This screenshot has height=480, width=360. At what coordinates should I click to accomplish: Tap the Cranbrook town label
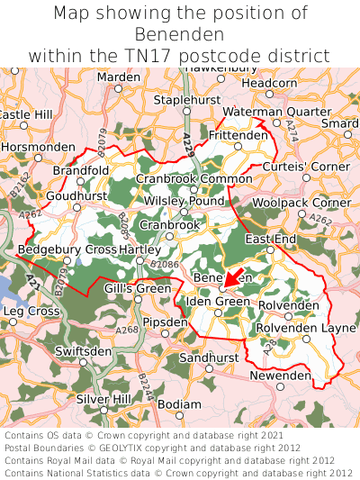(x=170, y=224)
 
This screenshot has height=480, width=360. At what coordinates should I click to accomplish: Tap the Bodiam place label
(x=179, y=404)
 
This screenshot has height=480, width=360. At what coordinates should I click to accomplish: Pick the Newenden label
(x=280, y=375)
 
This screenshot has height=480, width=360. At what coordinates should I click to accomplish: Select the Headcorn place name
(x=269, y=83)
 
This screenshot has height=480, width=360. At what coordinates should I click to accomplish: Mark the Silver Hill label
(x=103, y=398)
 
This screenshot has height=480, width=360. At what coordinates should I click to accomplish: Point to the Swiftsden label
(x=83, y=350)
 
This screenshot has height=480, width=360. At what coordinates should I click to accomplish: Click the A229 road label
(x=188, y=144)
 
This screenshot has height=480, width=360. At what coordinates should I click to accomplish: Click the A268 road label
(x=126, y=330)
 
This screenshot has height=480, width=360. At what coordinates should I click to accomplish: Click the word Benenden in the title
(x=180, y=34)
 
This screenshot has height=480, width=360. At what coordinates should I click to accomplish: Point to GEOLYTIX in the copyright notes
(x=133, y=447)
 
